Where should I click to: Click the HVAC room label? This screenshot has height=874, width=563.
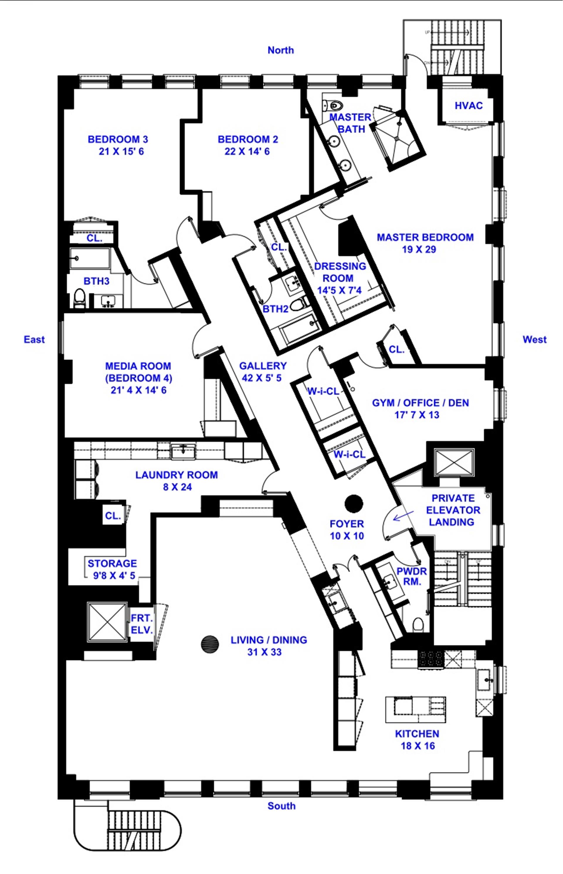pyautogui.click(x=468, y=106)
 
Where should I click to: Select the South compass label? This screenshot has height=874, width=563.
pyautogui.click(x=281, y=806)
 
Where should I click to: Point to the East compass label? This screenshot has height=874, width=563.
pyautogui.click(x=34, y=340)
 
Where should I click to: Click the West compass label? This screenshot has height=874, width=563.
pyautogui.click(x=535, y=340)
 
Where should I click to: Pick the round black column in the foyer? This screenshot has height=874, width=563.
pyautogui.click(x=354, y=504)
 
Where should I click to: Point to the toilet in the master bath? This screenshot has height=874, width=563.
pyautogui.click(x=334, y=106)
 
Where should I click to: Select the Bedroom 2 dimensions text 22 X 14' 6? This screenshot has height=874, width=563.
pyautogui.click(x=247, y=152)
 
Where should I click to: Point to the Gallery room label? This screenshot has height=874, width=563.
pyautogui.click(x=263, y=366)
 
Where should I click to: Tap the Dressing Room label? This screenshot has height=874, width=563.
pyautogui.click(x=340, y=272)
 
